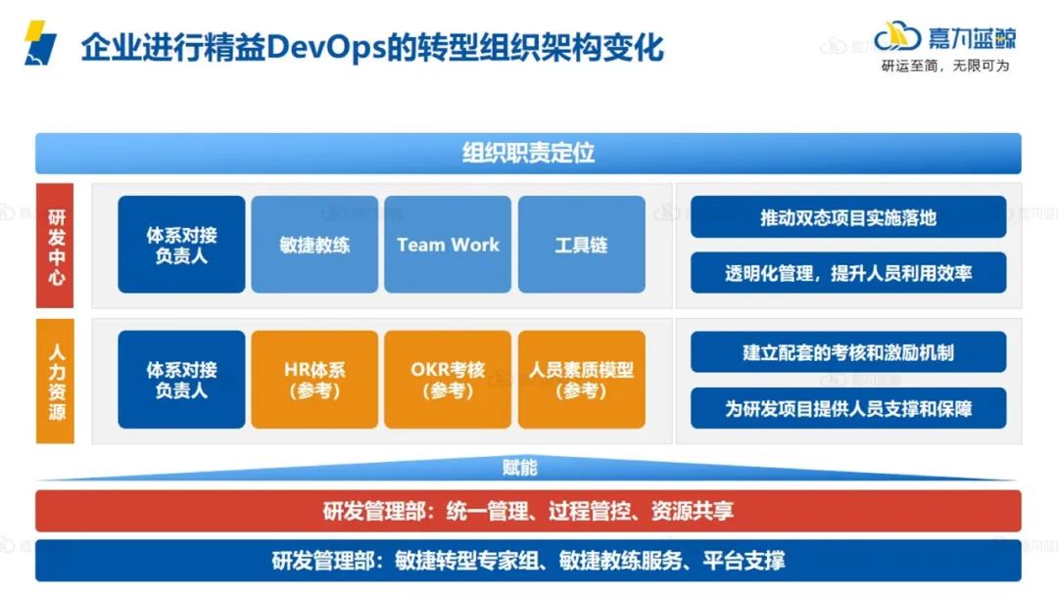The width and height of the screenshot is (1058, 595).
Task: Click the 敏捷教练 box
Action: click(314, 245)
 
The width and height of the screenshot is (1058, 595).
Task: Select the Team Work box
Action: click(448, 245)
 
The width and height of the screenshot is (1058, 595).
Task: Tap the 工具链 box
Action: click(581, 245)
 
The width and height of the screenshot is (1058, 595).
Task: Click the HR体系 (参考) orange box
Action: click(314, 380)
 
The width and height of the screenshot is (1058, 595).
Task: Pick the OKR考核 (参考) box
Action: click(448, 380)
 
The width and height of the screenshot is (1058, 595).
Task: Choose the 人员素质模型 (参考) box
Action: click(581, 380)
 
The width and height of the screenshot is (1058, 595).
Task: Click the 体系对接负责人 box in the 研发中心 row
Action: click(181, 245)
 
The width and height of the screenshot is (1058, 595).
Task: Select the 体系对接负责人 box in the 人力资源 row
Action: click(181, 380)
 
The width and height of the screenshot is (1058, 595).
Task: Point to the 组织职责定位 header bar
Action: click(528, 154)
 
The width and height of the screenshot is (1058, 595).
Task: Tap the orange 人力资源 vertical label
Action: click(55, 381)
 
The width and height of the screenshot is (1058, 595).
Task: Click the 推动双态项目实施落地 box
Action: click(848, 217)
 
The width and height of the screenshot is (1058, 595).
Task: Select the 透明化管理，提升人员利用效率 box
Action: click(848, 273)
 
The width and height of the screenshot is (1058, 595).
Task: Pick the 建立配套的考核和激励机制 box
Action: click(848, 352)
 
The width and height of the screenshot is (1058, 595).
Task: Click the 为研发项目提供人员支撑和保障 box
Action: click(848, 408)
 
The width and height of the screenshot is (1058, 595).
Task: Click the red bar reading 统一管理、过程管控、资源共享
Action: click(528, 511)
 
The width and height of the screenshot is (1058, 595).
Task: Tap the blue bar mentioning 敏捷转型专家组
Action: click(528, 561)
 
